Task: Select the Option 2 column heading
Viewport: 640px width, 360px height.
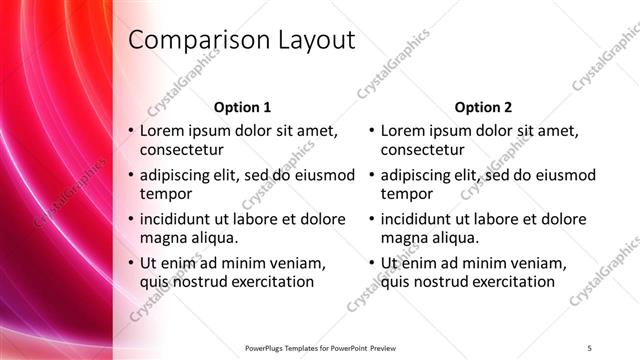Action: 483,107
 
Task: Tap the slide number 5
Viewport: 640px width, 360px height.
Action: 590,347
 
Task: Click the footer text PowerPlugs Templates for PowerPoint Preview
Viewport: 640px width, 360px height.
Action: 320,347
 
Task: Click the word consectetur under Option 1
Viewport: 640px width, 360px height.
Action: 181,150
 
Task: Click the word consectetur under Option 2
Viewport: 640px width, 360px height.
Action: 422,150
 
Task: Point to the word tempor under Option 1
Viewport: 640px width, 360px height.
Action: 166,194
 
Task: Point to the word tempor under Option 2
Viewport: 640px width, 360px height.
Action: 407,194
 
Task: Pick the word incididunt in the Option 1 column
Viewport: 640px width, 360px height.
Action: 177,219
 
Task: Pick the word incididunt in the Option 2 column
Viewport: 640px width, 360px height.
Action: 418,219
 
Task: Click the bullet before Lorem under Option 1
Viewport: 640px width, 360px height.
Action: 130,131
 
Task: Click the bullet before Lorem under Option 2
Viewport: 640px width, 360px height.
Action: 371,131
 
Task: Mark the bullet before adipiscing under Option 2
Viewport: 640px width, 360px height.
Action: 371,175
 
